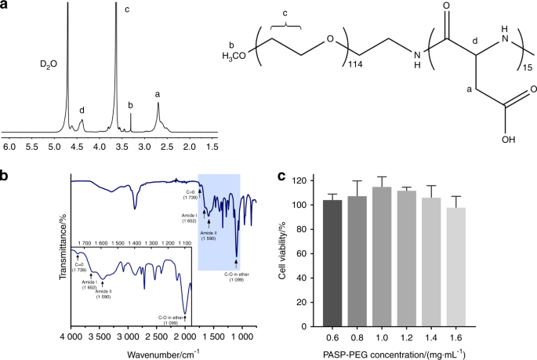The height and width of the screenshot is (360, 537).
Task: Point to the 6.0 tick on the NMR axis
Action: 10,146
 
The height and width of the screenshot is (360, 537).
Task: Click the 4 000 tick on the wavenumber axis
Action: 72,336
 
